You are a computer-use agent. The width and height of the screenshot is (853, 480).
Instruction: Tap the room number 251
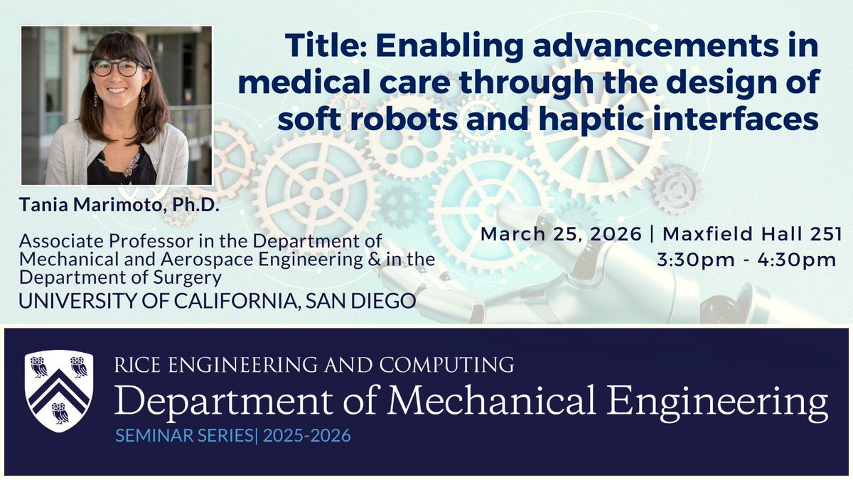pos(823,234)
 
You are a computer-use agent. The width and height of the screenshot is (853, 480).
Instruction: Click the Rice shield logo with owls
pos(59,392)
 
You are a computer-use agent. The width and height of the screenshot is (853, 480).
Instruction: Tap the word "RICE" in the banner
pos(134,366)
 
